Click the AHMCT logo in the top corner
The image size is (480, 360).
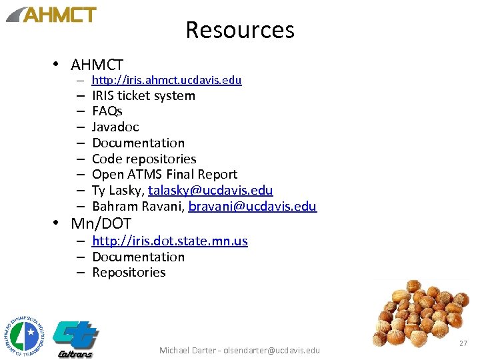(52, 15)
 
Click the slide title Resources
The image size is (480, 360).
(239, 30)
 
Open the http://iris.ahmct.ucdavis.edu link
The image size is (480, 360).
(166, 80)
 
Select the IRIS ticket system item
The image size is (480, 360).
(143, 95)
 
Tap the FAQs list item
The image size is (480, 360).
(107, 111)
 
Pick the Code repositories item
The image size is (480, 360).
(144, 159)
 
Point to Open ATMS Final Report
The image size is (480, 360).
(164, 174)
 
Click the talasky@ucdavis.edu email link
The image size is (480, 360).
(210, 191)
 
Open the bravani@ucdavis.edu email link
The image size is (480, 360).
(252, 206)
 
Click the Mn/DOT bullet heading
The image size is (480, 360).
(101, 223)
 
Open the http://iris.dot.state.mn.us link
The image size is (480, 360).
(169, 241)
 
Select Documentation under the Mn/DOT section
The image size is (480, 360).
(138, 257)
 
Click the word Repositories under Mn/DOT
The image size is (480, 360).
(129, 272)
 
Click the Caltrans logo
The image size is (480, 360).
(75, 338)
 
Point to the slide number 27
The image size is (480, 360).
(463, 343)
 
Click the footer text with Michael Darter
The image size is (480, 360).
(239, 350)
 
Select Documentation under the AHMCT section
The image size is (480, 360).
(138, 143)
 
